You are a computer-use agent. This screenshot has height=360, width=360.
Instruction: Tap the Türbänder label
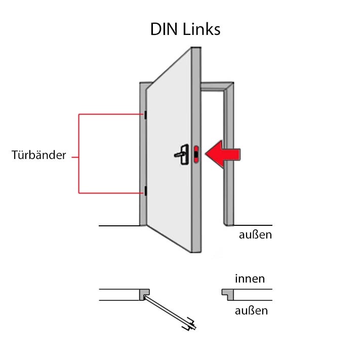coord(39,155)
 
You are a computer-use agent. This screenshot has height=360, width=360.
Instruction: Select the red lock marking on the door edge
coord(196,153)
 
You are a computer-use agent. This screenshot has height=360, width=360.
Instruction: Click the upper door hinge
coord(145,115)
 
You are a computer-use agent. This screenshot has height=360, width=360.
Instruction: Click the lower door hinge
coord(145,191)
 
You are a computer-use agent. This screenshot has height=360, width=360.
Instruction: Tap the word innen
coord(250,278)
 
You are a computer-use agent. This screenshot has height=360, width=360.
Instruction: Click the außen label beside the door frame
coord(255,234)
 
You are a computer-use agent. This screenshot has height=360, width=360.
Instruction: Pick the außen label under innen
coord(251,310)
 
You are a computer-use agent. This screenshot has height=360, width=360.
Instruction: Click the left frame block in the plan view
coord(144,294)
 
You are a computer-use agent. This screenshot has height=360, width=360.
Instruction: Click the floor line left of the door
coord(118,225)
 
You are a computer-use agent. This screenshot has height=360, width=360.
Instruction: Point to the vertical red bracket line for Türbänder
coord(78,154)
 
